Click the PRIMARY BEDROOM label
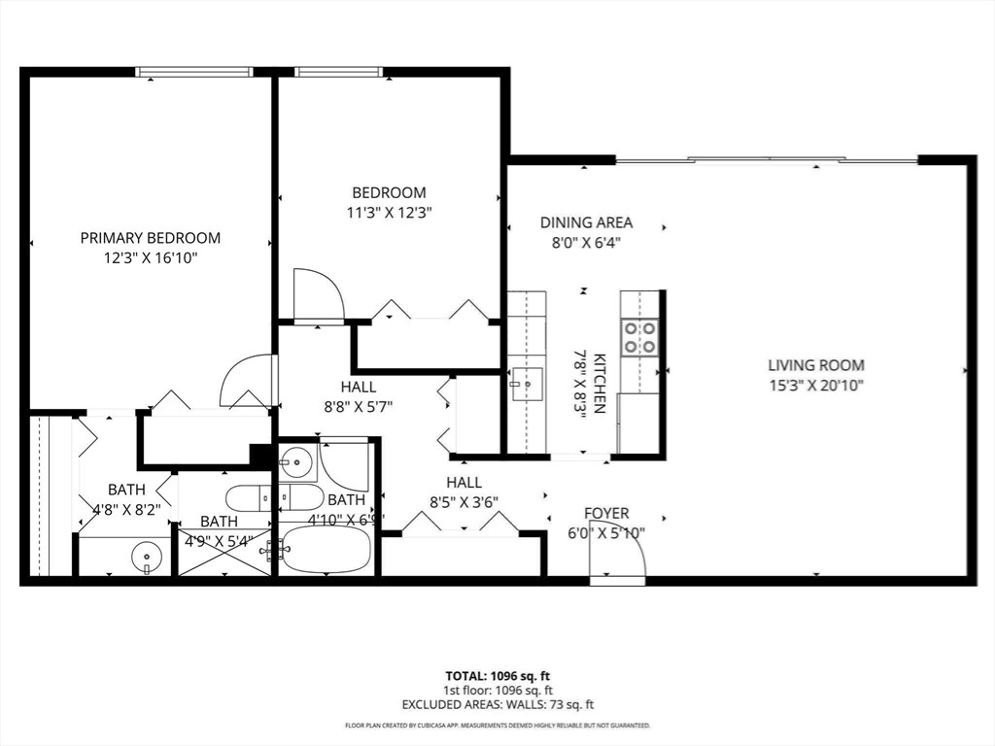click(150, 238)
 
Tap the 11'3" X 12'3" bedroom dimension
click(389, 213)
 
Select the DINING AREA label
click(586, 222)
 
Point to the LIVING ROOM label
click(816, 365)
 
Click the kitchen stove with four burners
click(640, 336)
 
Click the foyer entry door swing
click(622, 558)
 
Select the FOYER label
click(606, 513)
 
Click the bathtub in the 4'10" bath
click(327, 551)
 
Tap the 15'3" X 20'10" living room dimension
click(816, 385)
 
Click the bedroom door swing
click(317, 295)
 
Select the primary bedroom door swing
click(249, 381)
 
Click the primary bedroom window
click(194, 72)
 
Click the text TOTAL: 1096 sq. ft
click(497, 675)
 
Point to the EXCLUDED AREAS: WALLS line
click(497, 704)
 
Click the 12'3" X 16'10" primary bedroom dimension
click(150, 258)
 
